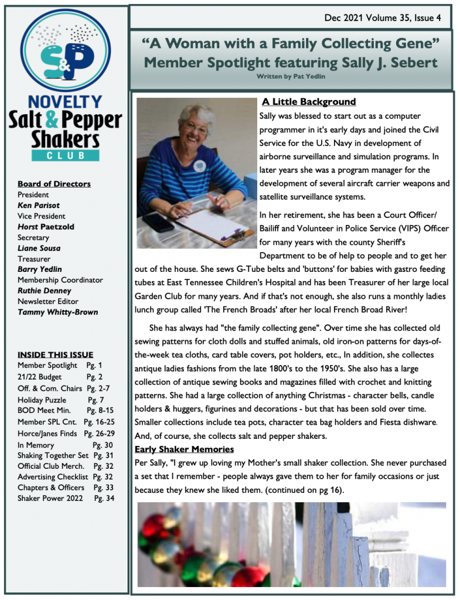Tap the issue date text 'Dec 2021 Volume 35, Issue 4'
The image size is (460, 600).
[383, 18]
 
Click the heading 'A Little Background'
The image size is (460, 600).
[309, 102]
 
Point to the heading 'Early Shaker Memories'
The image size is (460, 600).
[185, 449]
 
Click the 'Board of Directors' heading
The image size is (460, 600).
[54, 184]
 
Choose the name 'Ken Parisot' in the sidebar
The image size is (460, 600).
[39, 205]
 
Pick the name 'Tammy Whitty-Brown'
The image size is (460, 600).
[57, 312]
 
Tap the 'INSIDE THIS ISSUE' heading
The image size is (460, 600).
[55, 354]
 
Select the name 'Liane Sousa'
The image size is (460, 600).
[39, 248]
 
